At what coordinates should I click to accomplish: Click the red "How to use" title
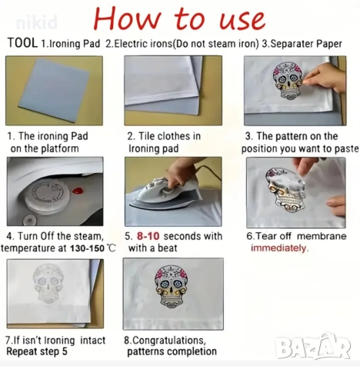pyautogui.click(x=179, y=18)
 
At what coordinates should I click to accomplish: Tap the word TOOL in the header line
pyautogui.click(x=22, y=43)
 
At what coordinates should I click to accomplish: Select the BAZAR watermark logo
pyautogui.click(x=313, y=347)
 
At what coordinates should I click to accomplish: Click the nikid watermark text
pyautogui.click(x=37, y=22)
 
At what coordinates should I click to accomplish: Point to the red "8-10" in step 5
pyautogui.click(x=148, y=236)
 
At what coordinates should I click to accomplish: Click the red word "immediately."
pyautogui.click(x=279, y=248)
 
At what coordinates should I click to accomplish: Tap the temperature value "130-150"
pyautogui.click(x=87, y=248)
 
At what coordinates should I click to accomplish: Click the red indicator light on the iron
pyautogui.click(x=78, y=191)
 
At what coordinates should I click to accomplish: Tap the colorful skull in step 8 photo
pyautogui.click(x=172, y=288)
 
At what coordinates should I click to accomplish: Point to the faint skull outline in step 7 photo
pyautogui.click(x=48, y=284)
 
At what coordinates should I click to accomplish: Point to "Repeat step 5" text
pyautogui.click(x=37, y=351)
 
